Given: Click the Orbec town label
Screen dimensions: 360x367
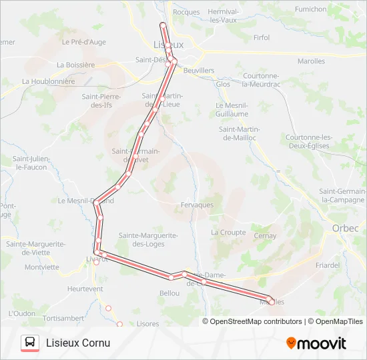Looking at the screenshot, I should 345,228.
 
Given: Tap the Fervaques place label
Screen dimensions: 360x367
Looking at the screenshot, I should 197,205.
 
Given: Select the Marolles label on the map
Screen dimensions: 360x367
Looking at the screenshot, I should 311,61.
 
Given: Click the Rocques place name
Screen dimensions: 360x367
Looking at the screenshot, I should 186,12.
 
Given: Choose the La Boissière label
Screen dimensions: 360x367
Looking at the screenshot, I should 76,65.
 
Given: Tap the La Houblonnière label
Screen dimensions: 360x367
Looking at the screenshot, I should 47,81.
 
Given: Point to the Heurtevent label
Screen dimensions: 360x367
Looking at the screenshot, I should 85,289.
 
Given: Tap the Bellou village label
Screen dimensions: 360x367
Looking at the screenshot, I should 169,293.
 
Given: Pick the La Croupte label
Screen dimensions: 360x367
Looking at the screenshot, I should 228,233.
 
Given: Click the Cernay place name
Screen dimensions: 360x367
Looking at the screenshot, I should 265,236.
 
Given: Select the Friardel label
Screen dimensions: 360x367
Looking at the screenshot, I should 328,265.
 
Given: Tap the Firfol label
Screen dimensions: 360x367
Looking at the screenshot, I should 262,38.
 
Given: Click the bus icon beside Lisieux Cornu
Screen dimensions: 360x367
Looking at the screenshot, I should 30,343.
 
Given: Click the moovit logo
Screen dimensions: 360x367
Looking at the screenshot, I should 316,343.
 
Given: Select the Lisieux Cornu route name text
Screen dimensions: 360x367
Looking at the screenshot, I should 78,343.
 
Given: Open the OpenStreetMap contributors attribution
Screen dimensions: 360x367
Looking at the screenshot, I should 255,321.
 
